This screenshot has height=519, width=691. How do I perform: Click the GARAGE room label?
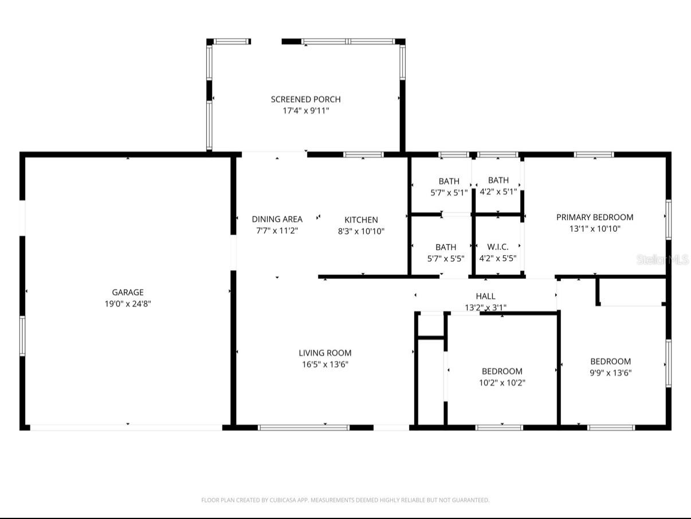(x=127, y=292)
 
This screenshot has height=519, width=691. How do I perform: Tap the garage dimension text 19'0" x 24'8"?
(x=127, y=304)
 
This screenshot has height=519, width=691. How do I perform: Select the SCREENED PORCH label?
(x=305, y=99)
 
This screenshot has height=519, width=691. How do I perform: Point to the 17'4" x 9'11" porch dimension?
(x=305, y=111)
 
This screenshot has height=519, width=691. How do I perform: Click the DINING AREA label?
(x=277, y=219)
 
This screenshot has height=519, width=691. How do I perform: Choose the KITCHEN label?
(x=361, y=220)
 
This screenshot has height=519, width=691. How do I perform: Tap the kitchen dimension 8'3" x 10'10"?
(x=361, y=231)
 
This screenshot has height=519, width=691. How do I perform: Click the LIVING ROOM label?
(x=325, y=353)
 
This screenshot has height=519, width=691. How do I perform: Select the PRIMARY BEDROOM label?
(x=595, y=217)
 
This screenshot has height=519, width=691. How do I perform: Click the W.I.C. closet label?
(x=497, y=247)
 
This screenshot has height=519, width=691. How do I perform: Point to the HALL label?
(x=485, y=296)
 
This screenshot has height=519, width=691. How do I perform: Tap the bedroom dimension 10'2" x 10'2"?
(x=502, y=383)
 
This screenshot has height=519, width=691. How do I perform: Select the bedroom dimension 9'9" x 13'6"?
(x=611, y=373)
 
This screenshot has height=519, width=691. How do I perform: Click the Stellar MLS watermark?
(x=662, y=260)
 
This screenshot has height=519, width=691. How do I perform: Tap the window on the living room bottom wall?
(x=304, y=427)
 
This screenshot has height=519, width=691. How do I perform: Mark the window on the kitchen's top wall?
(x=363, y=154)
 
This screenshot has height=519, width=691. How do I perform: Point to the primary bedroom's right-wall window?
(x=668, y=219)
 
